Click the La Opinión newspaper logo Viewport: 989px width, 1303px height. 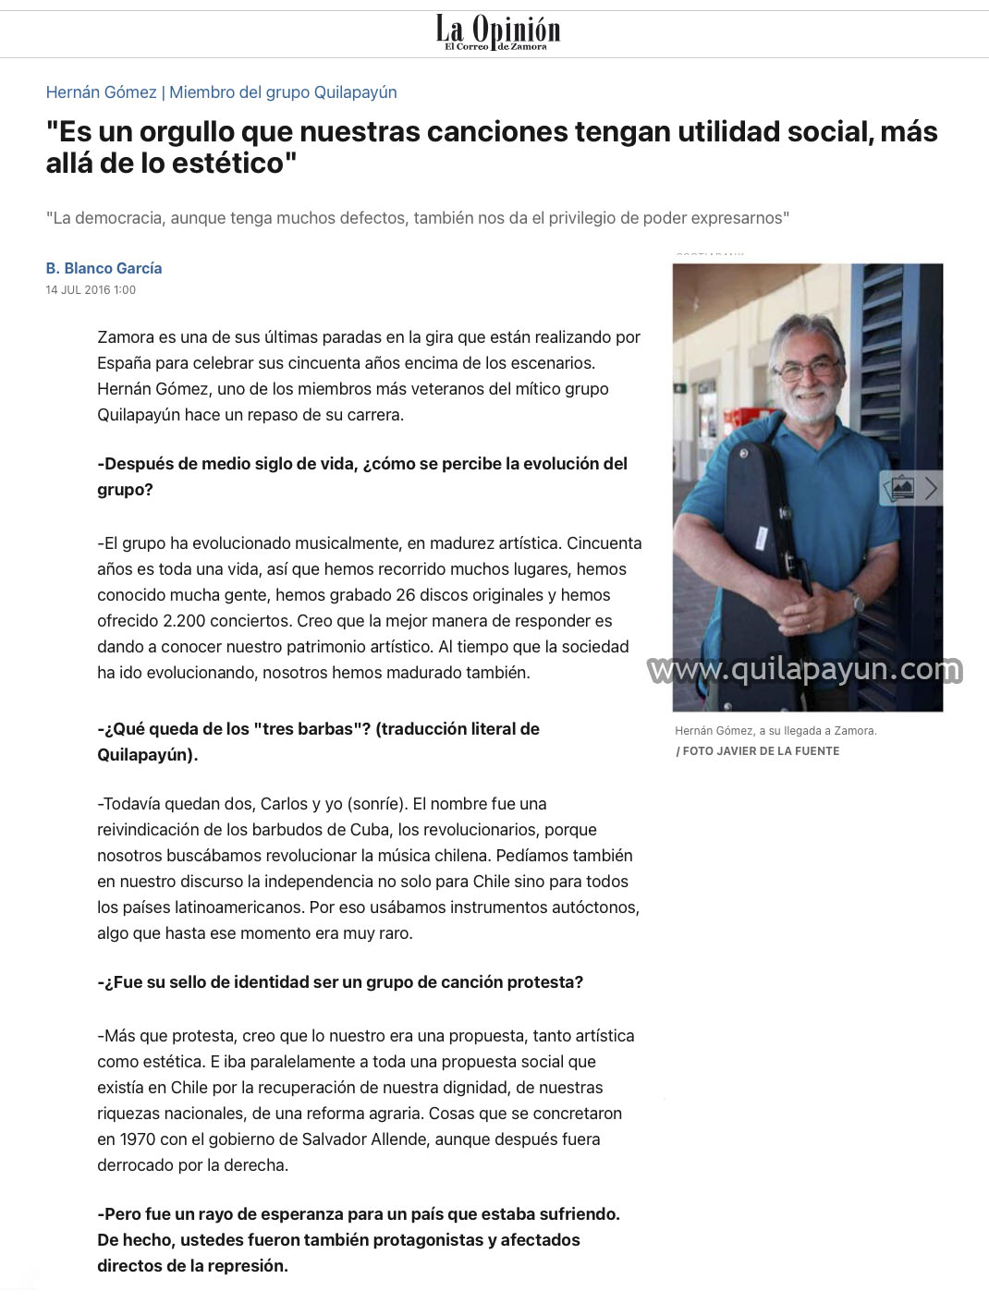(x=497, y=33)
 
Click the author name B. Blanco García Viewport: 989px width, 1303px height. (x=104, y=268)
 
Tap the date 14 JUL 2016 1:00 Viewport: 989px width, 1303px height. (x=91, y=290)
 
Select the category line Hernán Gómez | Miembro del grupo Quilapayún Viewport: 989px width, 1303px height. (x=221, y=92)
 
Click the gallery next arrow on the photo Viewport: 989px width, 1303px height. (x=930, y=488)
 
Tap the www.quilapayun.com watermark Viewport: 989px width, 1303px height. (x=804, y=670)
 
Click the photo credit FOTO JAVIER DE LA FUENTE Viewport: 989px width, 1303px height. (x=761, y=751)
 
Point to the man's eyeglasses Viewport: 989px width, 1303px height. (x=807, y=368)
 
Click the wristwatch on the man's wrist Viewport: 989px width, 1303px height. (x=858, y=604)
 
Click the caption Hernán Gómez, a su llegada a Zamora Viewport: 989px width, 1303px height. (x=775, y=731)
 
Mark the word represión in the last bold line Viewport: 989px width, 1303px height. (x=245, y=1266)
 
